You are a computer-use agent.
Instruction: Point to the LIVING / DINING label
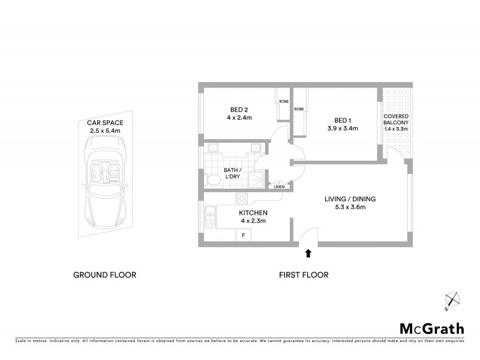tap(344, 199)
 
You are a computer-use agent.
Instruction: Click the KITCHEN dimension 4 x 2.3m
tap(253, 221)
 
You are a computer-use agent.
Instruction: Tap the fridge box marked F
tap(243, 235)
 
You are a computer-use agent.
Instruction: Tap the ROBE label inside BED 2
tap(283, 102)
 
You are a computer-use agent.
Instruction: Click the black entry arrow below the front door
tap(308, 253)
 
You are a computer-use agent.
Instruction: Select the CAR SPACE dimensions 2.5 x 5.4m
tap(105, 130)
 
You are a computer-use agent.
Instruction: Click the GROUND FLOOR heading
tap(104, 275)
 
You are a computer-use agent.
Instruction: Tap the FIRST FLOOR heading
tap(304, 275)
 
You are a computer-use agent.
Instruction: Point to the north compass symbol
tap(451, 301)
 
